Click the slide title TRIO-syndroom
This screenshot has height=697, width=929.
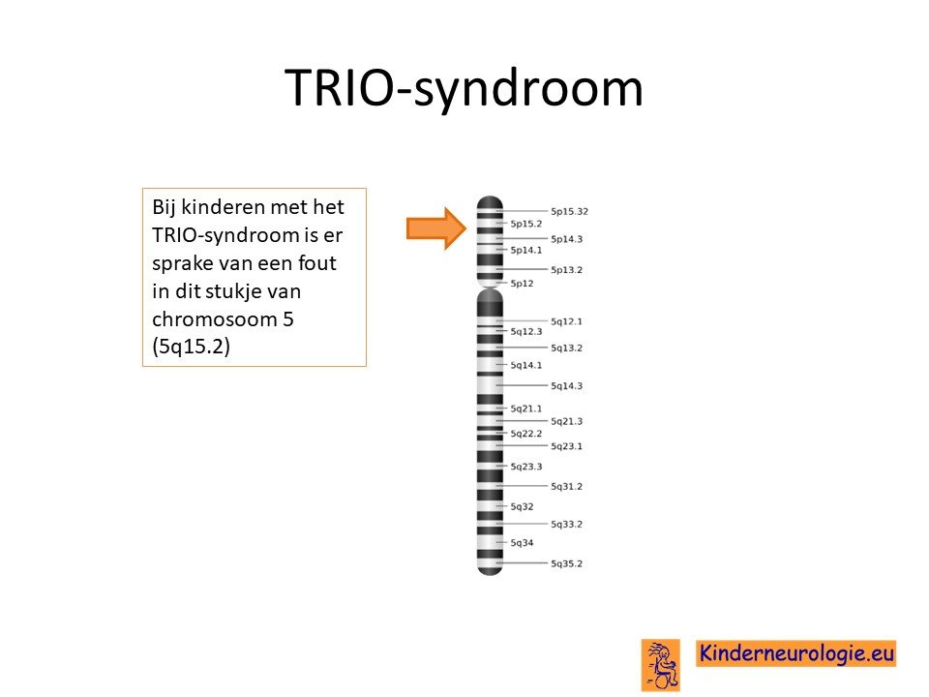[x=464, y=89]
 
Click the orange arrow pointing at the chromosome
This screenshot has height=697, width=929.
[x=436, y=228]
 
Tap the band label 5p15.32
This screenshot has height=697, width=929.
[x=569, y=212]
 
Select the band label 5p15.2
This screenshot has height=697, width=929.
[x=526, y=224]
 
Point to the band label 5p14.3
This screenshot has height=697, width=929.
[x=566, y=239]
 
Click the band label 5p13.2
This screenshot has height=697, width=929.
[x=566, y=270]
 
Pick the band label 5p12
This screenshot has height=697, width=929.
[x=522, y=284]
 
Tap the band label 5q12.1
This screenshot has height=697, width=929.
[x=566, y=321]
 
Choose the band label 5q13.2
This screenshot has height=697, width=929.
[x=566, y=348]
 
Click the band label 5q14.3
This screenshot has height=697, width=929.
[x=566, y=386]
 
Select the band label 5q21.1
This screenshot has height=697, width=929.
[x=526, y=409]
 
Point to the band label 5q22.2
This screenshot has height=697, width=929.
[x=526, y=434]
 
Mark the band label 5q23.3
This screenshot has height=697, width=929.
[x=526, y=467]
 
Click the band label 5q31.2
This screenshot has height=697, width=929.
[x=566, y=487]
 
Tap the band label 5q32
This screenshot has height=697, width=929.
[x=522, y=507]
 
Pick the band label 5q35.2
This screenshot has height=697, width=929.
[x=566, y=564]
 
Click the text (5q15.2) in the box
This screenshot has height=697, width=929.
[x=191, y=347]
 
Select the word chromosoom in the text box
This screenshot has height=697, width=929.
[x=215, y=319]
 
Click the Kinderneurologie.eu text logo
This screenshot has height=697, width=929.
[x=795, y=653]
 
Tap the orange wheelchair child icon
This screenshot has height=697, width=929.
[x=661, y=666]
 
